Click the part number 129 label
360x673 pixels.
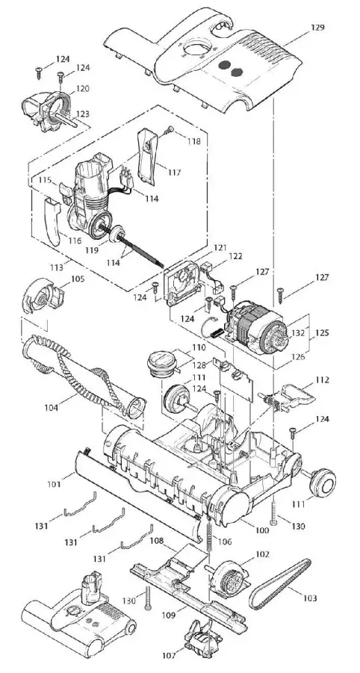pyautogui.click(x=317, y=28)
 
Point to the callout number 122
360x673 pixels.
pyautogui.click(x=236, y=255)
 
